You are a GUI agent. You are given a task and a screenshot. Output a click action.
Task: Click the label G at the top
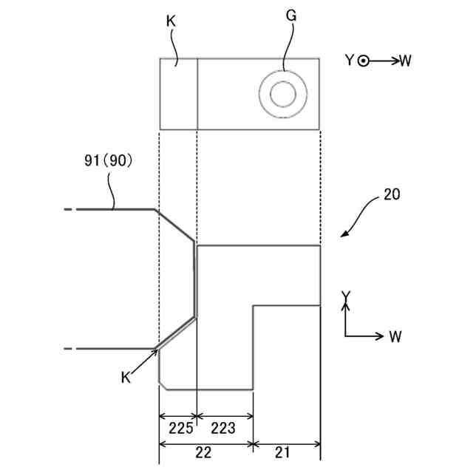tap(291, 16)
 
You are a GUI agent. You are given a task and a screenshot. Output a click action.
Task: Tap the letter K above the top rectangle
tap(171, 21)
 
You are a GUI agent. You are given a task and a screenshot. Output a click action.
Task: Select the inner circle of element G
tap(283, 94)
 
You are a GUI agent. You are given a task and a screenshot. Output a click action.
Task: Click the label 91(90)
tap(109, 160)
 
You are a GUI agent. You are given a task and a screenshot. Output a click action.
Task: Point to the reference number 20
tap(392, 194)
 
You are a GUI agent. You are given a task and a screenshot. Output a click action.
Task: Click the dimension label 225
tap(180, 428)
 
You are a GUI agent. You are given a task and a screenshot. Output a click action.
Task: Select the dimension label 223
tap(223, 428)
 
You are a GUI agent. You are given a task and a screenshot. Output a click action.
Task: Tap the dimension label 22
tap(203, 452)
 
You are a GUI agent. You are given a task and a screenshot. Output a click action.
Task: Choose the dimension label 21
tap(282, 452)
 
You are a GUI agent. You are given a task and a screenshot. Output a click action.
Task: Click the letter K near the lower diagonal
tap(126, 378)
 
